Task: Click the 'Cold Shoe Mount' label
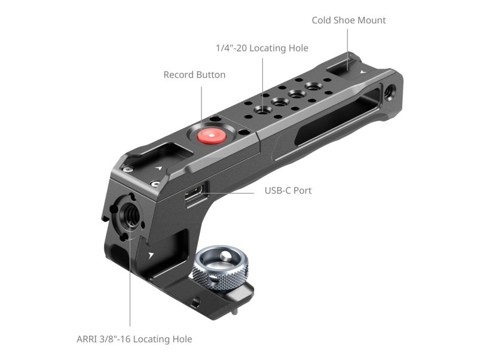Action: coord(348,20)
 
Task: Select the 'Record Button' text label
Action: coord(194,75)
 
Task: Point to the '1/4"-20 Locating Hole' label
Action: coord(262,48)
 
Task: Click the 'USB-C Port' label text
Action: coord(288,190)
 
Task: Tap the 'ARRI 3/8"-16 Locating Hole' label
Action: coord(134,339)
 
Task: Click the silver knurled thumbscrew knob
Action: coord(220,268)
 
